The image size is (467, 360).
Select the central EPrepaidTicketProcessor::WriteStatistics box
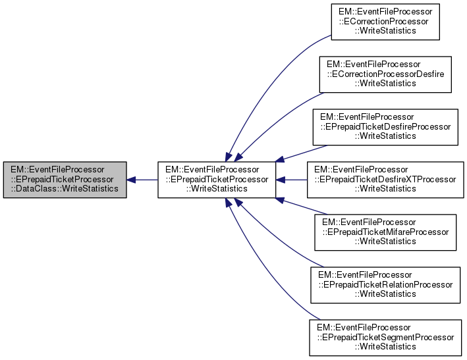[215, 179]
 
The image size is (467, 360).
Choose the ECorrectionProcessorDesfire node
[385, 74]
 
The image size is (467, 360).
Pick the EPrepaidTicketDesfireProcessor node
[385, 126]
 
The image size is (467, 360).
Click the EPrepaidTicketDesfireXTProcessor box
[385, 179]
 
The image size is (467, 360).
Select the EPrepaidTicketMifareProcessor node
[385, 231]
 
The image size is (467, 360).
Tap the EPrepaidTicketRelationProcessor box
[385, 284]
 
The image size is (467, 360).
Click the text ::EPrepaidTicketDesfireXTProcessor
[385, 179]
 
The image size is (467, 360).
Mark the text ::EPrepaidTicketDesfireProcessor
[385, 126]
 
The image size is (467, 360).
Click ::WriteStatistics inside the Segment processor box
[385, 346]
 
